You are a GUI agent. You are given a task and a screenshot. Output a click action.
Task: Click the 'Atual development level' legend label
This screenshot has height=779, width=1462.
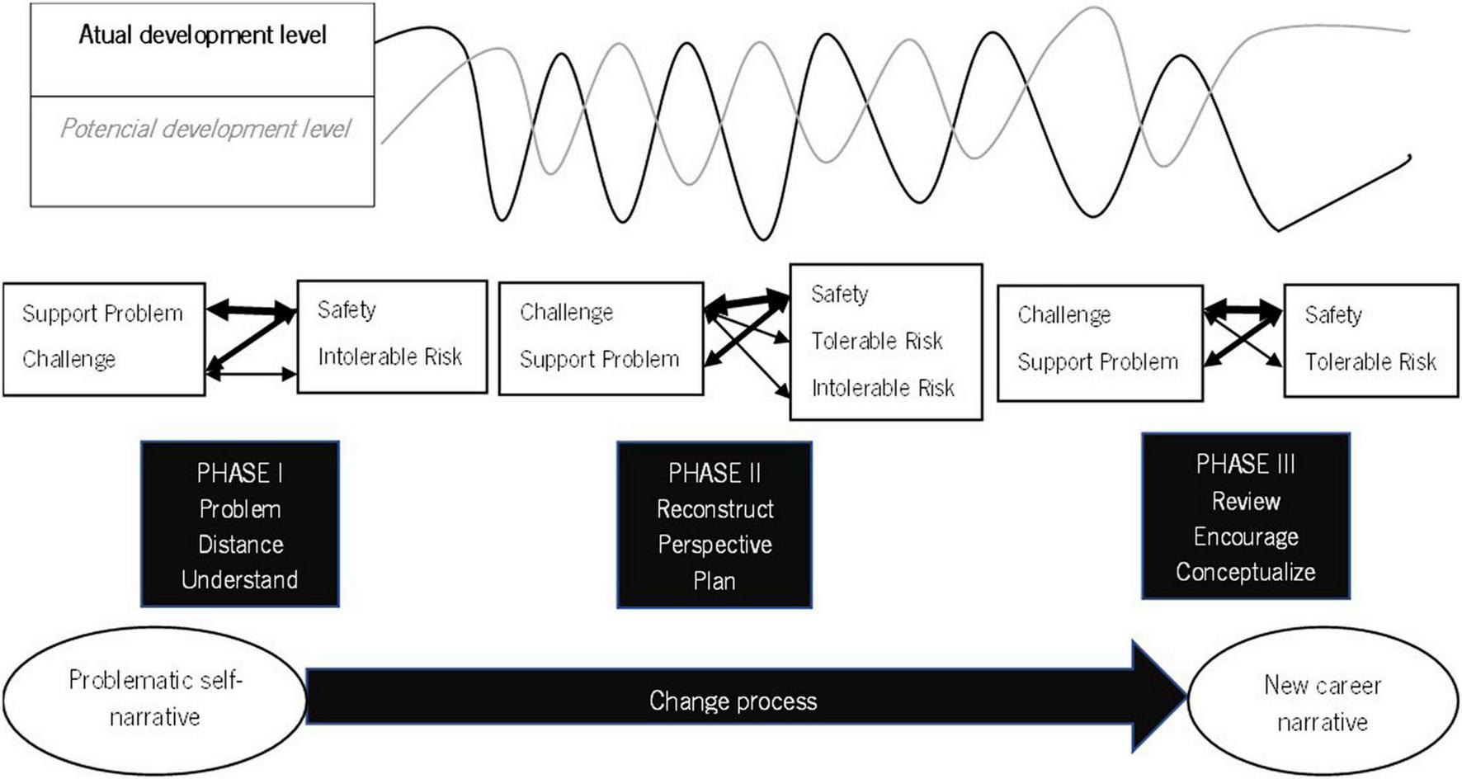(202, 35)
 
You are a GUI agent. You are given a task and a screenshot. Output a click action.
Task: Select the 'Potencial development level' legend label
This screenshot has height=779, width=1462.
(205, 129)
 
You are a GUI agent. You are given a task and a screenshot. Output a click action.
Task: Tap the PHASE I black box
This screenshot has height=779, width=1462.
(240, 525)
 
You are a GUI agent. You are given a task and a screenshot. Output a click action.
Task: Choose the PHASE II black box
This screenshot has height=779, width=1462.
(714, 525)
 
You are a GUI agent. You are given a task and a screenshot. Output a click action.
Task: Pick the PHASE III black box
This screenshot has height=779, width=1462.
(1246, 517)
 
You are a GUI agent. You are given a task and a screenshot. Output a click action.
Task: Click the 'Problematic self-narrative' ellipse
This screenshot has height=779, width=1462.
(154, 699)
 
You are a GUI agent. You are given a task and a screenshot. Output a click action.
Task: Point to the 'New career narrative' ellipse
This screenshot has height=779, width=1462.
(1323, 703)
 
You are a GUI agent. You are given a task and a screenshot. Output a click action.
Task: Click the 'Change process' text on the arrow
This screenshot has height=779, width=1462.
(733, 701)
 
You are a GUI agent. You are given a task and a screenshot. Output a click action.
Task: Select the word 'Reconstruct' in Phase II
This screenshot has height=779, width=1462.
(715, 509)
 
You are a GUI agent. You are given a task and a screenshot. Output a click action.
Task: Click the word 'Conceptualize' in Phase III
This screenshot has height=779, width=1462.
(1246, 572)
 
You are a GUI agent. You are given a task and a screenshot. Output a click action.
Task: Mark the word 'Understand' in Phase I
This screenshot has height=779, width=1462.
(240, 579)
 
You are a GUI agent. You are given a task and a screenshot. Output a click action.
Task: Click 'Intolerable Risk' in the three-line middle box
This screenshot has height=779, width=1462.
(883, 388)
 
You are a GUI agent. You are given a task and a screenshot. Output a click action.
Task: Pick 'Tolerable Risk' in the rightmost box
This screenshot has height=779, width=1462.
(1370, 361)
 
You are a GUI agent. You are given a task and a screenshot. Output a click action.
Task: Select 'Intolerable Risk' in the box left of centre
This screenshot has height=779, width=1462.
(389, 356)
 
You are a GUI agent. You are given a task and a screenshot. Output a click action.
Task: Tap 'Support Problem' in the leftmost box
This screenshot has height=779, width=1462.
(102, 314)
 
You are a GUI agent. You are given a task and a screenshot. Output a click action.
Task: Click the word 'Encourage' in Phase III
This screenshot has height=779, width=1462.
(1246, 537)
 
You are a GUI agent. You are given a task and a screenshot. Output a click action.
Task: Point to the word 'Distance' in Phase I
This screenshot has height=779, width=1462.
(240, 545)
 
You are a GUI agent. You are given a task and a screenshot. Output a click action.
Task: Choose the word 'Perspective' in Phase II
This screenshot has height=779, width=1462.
(715, 545)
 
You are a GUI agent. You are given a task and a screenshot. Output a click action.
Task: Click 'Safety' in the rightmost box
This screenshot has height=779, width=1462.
(1332, 315)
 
